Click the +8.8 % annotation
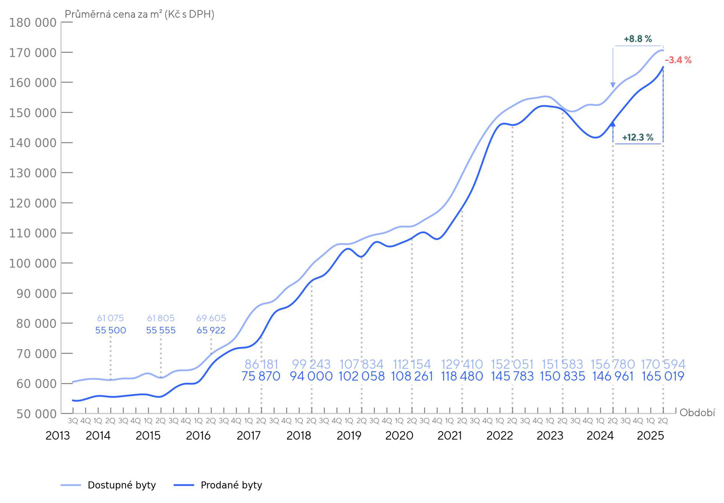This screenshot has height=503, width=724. click(x=638, y=39)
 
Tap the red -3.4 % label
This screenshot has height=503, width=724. click(x=678, y=60)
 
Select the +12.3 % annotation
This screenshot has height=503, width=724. click(x=638, y=138)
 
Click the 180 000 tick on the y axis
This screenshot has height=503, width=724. click(x=33, y=23)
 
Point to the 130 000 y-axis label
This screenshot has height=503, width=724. click(x=33, y=173)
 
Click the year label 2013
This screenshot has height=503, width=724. click(x=57, y=436)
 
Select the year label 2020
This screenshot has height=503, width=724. click(x=399, y=436)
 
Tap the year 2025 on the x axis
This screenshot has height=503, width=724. click(x=650, y=436)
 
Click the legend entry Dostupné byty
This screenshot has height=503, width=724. click(x=122, y=485)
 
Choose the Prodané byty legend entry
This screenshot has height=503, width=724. click(x=231, y=485)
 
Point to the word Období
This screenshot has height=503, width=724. click(x=697, y=413)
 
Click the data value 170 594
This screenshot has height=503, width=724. click(x=663, y=364)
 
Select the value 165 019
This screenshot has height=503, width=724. click(x=663, y=376)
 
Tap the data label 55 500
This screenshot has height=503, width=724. click(x=111, y=330)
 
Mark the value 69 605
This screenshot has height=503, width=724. click(x=211, y=318)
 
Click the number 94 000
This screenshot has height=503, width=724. click(x=311, y=376)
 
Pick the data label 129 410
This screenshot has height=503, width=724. click(x=462, y=364)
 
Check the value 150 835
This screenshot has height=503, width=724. click(x=563, y=376)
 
